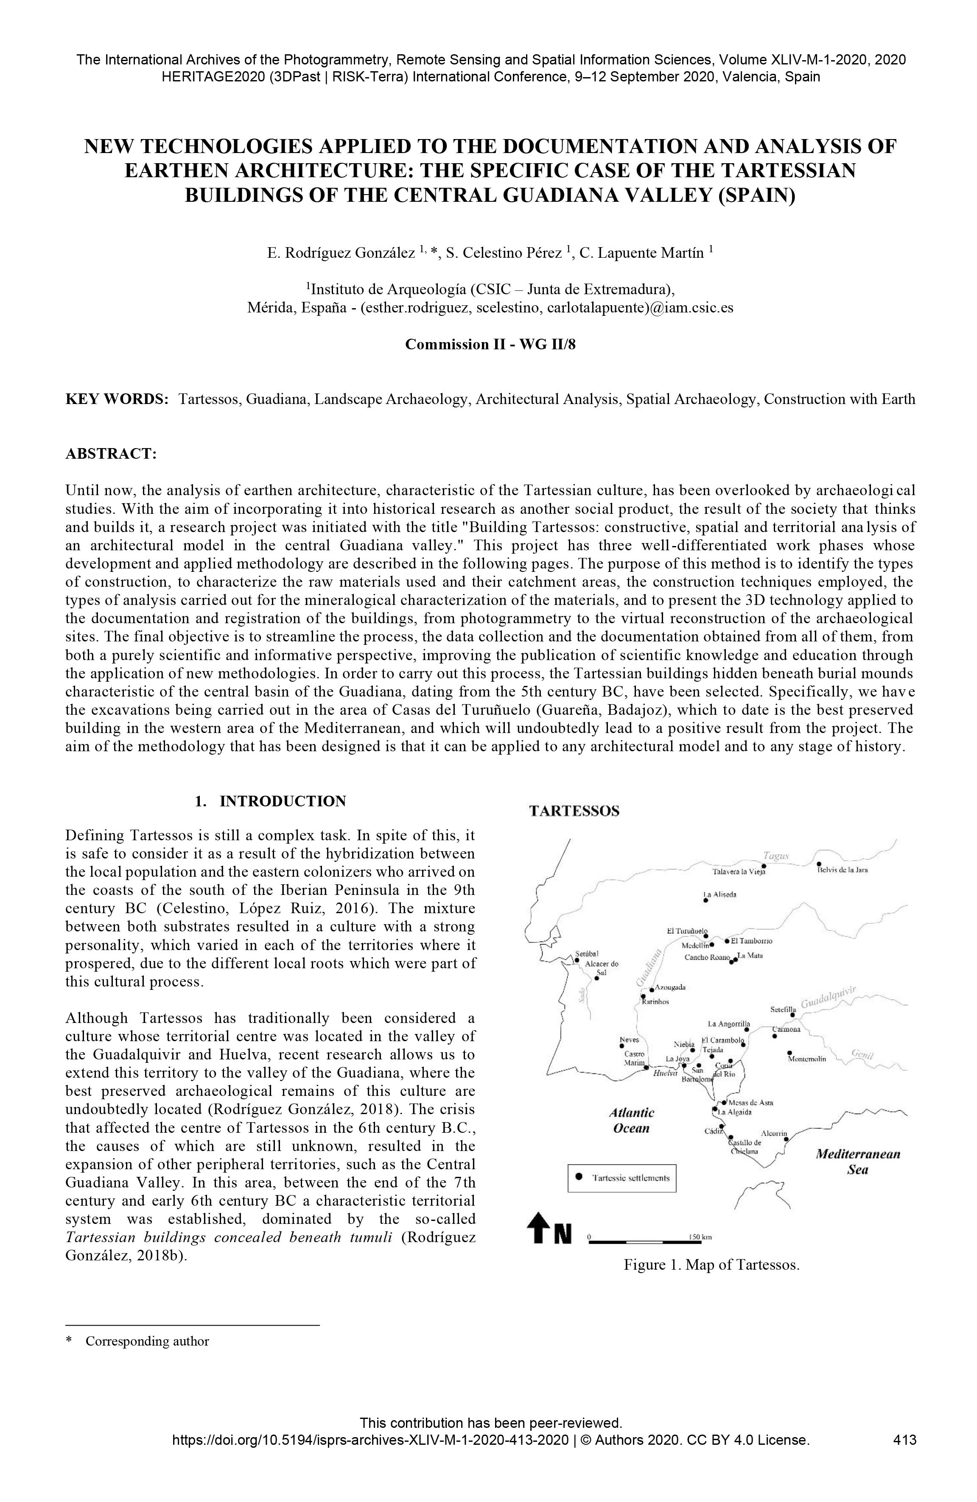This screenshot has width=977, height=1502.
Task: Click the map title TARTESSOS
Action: [x=574, y=811]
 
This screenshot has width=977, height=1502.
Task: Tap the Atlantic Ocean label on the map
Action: [x=632, y=1120]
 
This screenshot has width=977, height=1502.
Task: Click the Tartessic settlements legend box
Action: [x=621, y=1178]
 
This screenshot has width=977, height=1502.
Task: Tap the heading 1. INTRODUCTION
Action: [x=270, y=802]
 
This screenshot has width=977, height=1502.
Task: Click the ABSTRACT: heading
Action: [x=111, y=454]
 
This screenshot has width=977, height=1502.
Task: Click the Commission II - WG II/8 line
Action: [x=490, y=345]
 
